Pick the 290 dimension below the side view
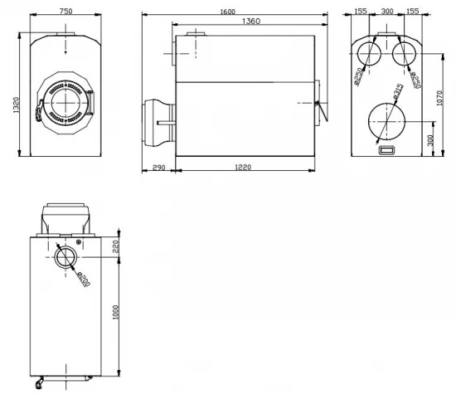(158, 169)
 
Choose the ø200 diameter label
(82, 275)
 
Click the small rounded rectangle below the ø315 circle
(386, 150)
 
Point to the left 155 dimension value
(361, 12)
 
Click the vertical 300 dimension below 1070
(429, 139)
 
